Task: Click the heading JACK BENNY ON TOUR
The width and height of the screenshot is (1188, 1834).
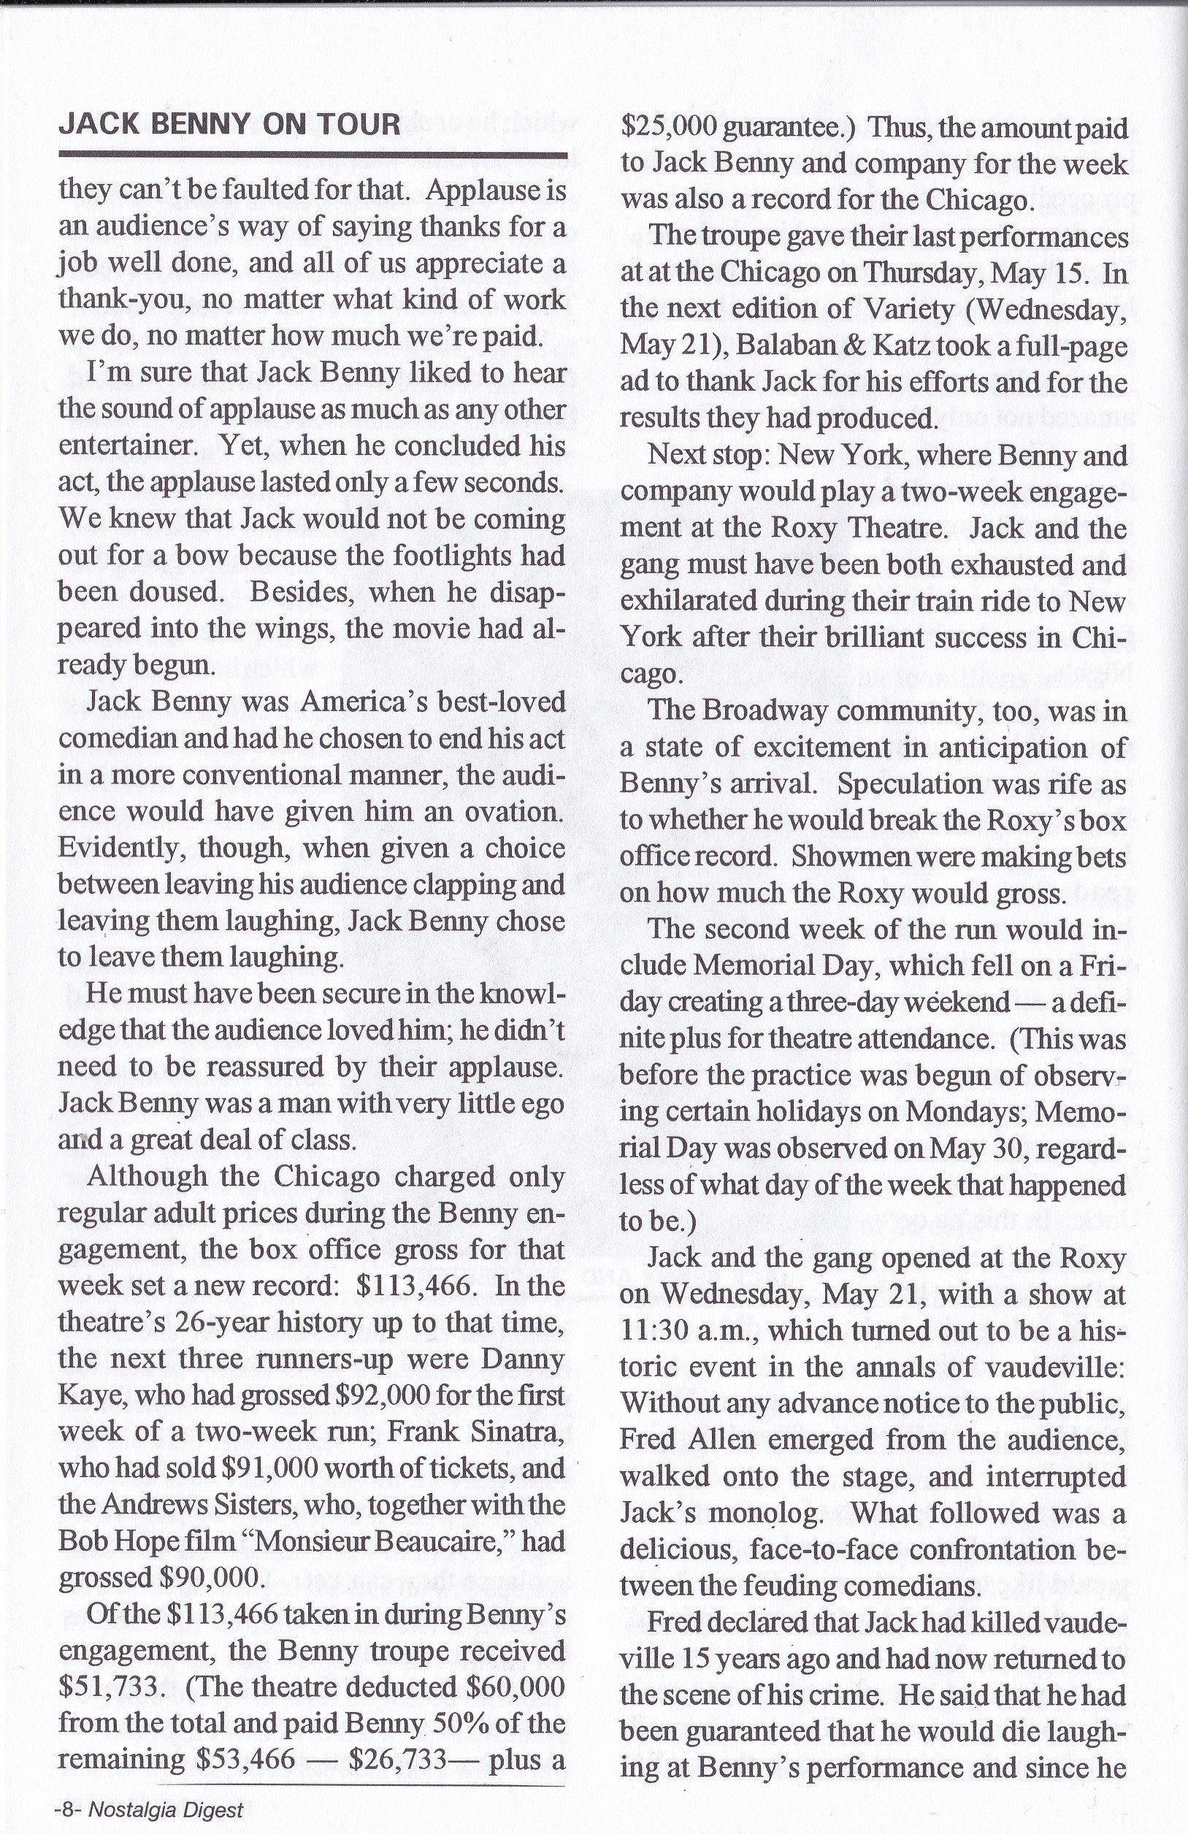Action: point(229,124)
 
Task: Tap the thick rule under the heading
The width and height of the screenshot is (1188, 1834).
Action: point(312,154)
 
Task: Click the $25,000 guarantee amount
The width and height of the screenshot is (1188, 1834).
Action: point(670,127)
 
